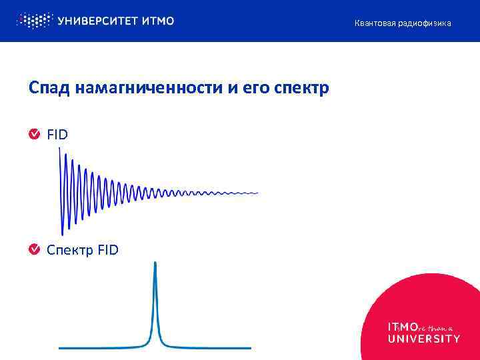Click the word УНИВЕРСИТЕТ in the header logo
point(98,21)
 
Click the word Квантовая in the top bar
point(375,23)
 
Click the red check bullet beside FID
point(34,135)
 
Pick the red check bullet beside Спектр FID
point(34,249)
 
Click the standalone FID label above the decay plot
point(57,135)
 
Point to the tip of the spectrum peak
point(155,263)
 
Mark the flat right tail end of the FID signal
point(256,193)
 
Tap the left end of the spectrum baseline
point(60,348)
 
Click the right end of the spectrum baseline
point(250,348)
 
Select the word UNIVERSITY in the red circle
point(423,339)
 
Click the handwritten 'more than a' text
point(436,328)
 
